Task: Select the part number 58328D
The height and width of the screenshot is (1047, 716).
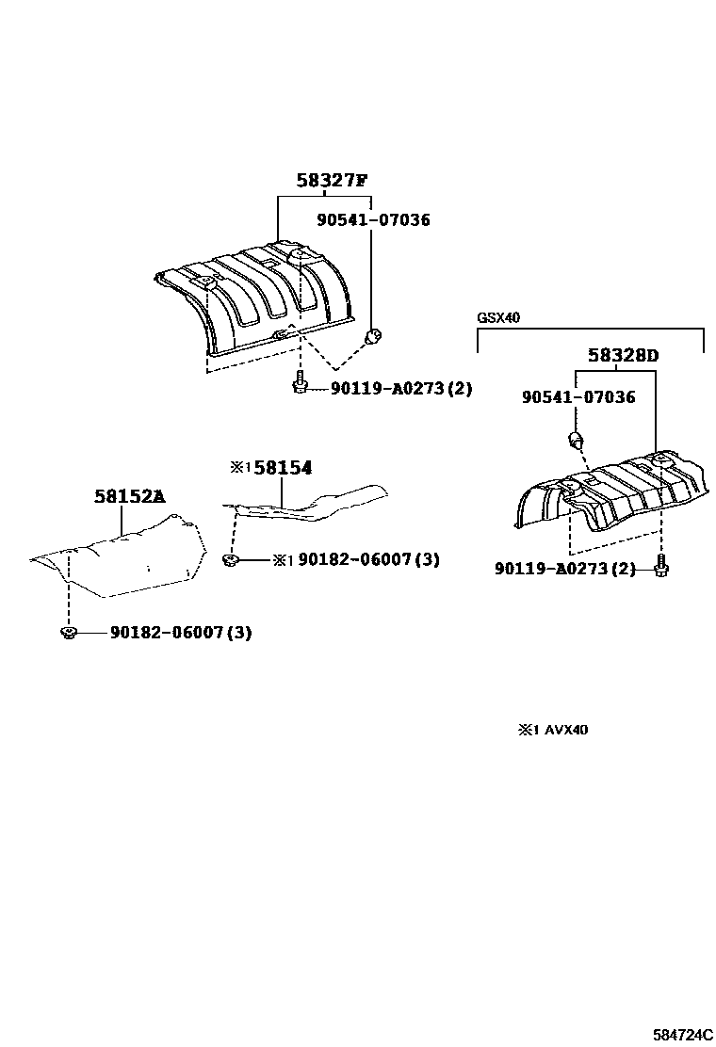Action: pos(623,356)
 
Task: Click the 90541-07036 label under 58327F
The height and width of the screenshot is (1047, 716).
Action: pos(372,220)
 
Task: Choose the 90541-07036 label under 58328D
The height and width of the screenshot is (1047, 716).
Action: pos(578,397)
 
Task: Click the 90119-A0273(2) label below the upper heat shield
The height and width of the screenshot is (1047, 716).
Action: pos(401,388)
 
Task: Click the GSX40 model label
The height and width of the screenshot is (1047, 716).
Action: pos(497,317)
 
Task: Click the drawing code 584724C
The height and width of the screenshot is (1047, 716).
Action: pos(682,1034)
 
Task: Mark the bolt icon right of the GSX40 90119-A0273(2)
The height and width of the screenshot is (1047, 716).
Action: pos(660,568)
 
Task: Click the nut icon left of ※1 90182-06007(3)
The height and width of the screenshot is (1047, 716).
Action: pos(230,560)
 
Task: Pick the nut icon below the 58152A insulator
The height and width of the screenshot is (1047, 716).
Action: pos(68,632)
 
